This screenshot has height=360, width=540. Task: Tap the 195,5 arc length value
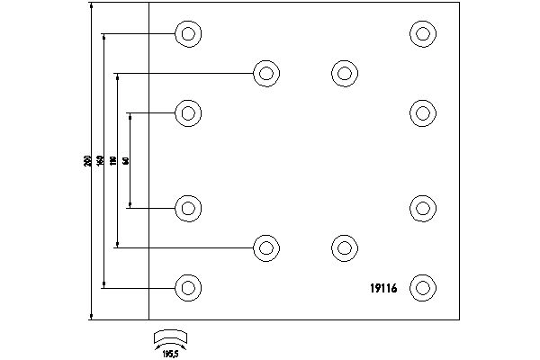click(x=171, y=353)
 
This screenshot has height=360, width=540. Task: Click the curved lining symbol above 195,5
click(x=171, y=337)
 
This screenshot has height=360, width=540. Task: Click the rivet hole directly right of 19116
click(x=422, y=288)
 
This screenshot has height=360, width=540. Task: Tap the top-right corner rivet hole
click(x=422, y=34)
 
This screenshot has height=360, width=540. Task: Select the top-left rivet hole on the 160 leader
click(x=187, y=34)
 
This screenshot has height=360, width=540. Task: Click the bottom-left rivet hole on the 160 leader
click(x=187, y=288)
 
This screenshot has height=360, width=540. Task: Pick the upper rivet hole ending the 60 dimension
click(x=187, y=113)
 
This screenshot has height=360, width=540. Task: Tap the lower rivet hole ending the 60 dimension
click(x=187, y=208)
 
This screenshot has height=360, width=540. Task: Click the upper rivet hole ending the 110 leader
click(x=265, y=73)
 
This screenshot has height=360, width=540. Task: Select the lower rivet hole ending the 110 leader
click(x=265, y=247)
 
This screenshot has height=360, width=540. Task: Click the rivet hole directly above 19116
click(x=422, y=208)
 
